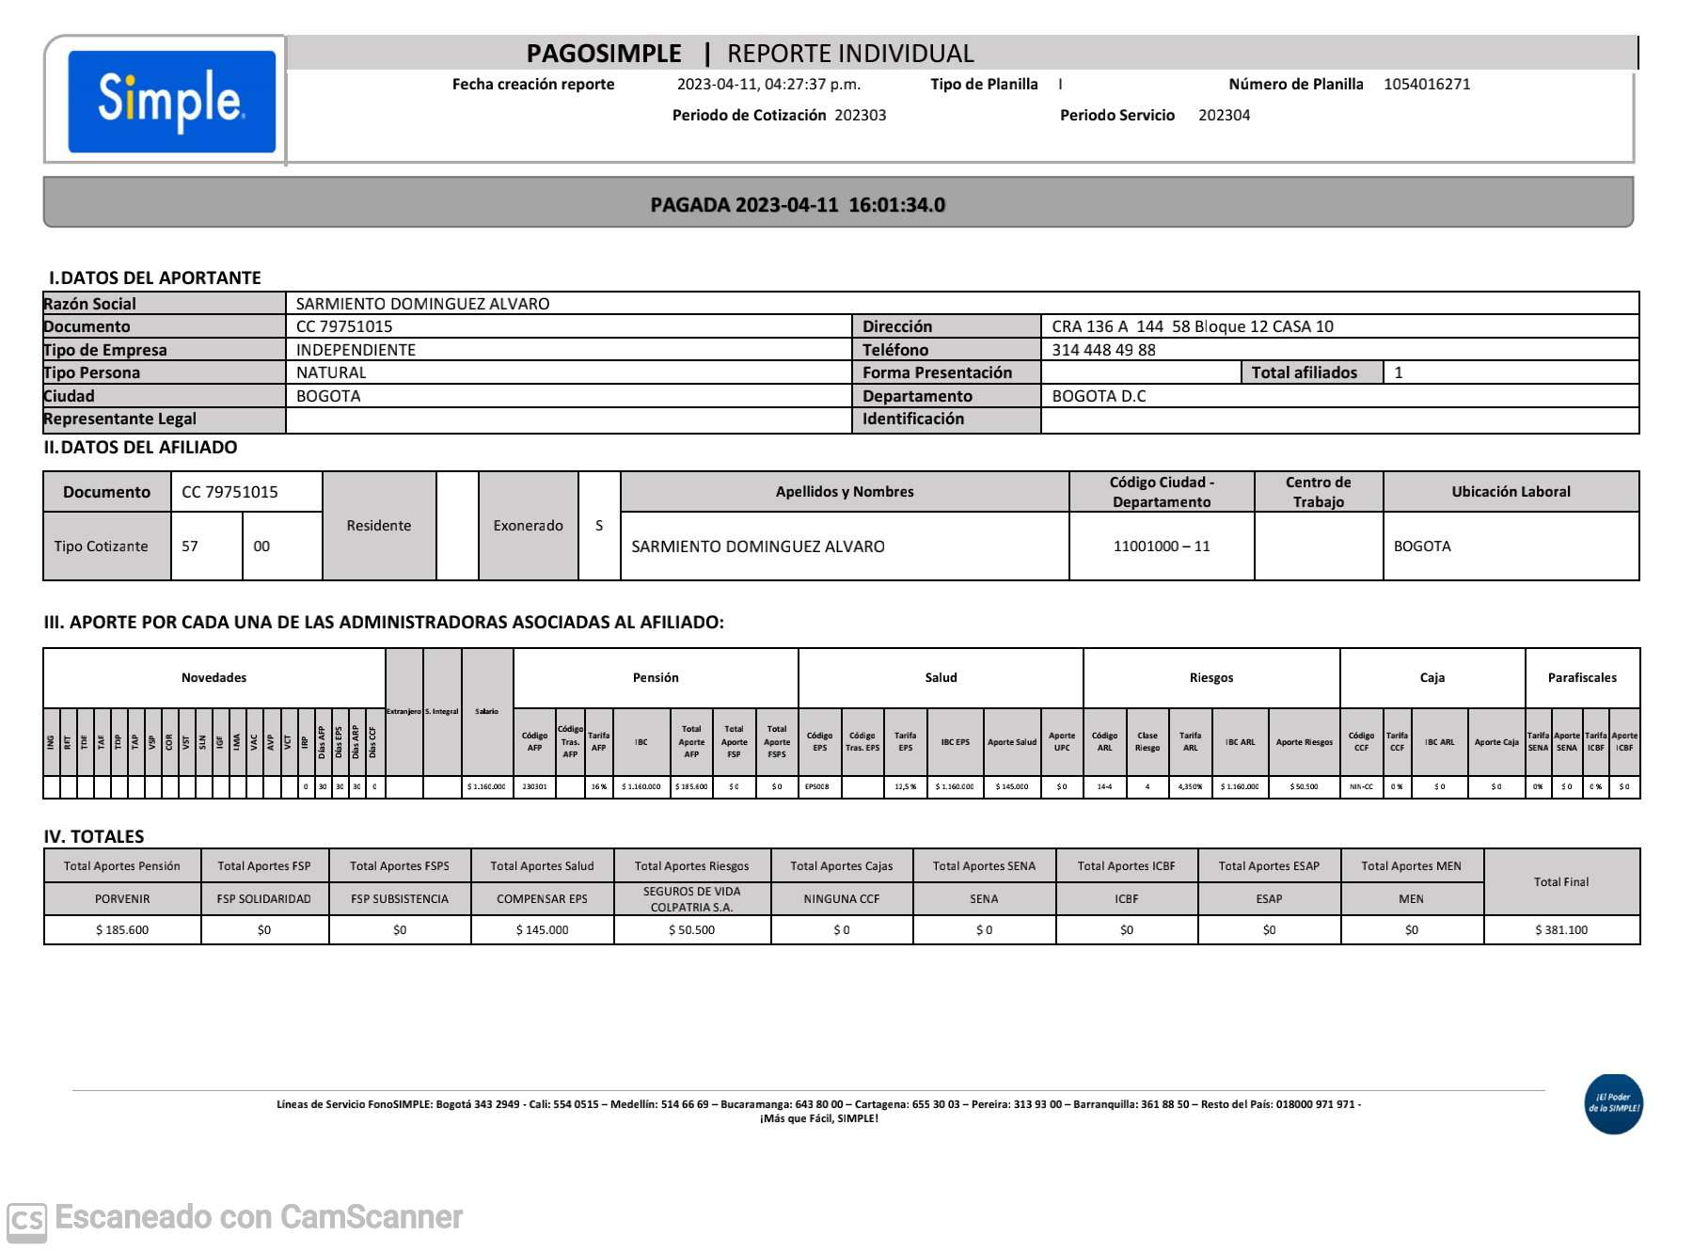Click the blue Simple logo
click(x=171, y=101)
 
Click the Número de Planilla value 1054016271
click(x=1426, y=84)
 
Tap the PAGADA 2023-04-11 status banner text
click(x=798, y=204)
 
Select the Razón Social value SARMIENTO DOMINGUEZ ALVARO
click(x=422, y=304)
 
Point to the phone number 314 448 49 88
click(x=1103, y=350)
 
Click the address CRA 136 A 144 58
click(x=1192, y=326)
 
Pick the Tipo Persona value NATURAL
click(x=331, y=372)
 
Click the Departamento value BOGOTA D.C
click(x=1099, y=396)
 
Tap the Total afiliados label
click(x=1304, y=372)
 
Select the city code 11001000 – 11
click(x=1161, y=546)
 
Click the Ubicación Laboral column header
click(x=1511, y=491)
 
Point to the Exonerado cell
click(x=528, y=526)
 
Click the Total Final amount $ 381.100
click(x=1560, y=930)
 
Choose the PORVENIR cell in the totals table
click(x=122, y=899)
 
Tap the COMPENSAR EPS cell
click(x=542, y=899)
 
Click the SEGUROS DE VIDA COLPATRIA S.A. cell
click(x=691, y=899)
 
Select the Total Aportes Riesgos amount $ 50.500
click(x=691, y=930)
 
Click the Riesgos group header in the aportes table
click(x=1210, y=677)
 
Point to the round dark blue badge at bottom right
click(x=1613, y=1103)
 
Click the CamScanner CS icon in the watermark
click(x=26, y=1220)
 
